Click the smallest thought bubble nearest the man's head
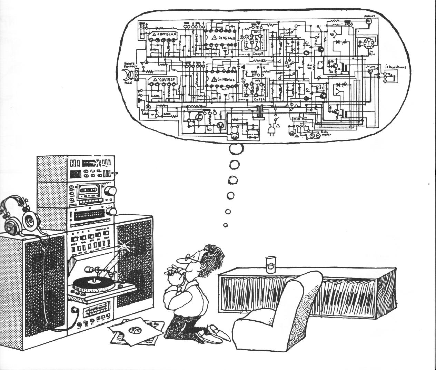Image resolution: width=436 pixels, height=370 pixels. (x=226, y=225)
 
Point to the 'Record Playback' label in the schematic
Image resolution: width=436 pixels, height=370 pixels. (x=130, y=65)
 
